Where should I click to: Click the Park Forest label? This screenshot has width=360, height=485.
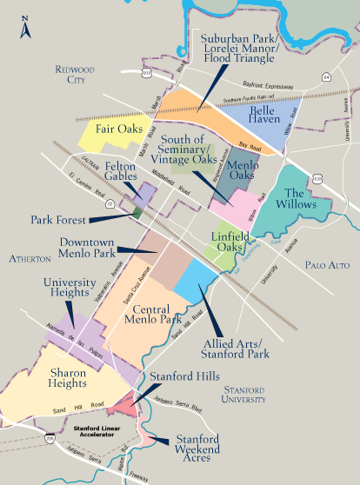tap(60, 220)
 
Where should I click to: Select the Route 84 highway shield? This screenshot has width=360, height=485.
tap(327, 76)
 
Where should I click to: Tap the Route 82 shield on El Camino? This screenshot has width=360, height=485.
tap(110, 203)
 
